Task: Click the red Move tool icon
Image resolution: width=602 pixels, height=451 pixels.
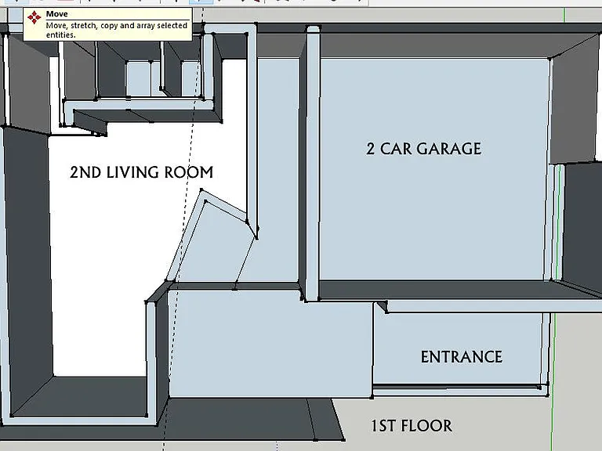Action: pos(34,18)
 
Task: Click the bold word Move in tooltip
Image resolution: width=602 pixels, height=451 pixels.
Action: pos(56,14)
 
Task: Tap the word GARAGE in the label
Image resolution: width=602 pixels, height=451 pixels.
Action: pos(449,149)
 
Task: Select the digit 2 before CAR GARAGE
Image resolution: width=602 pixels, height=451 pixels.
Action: pos(370,149)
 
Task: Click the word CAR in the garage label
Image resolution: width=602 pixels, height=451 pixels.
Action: pos(396,149)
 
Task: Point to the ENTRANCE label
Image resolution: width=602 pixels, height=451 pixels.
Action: pos(462,357)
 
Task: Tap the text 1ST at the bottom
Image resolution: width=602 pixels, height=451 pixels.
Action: pos(384,426)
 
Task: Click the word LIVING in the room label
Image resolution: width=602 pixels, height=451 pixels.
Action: pos(133,172)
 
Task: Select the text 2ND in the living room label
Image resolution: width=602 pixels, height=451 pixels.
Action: pos(85,172)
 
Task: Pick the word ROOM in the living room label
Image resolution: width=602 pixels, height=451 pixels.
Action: pos(189,172)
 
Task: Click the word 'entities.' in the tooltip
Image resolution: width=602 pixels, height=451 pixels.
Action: pos(60,35)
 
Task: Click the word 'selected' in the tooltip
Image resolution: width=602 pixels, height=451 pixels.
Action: pos(172,26)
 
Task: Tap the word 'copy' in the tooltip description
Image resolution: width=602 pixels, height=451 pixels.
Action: pos(109,27)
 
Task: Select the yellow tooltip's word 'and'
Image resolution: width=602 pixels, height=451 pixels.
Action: pos(127,26)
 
